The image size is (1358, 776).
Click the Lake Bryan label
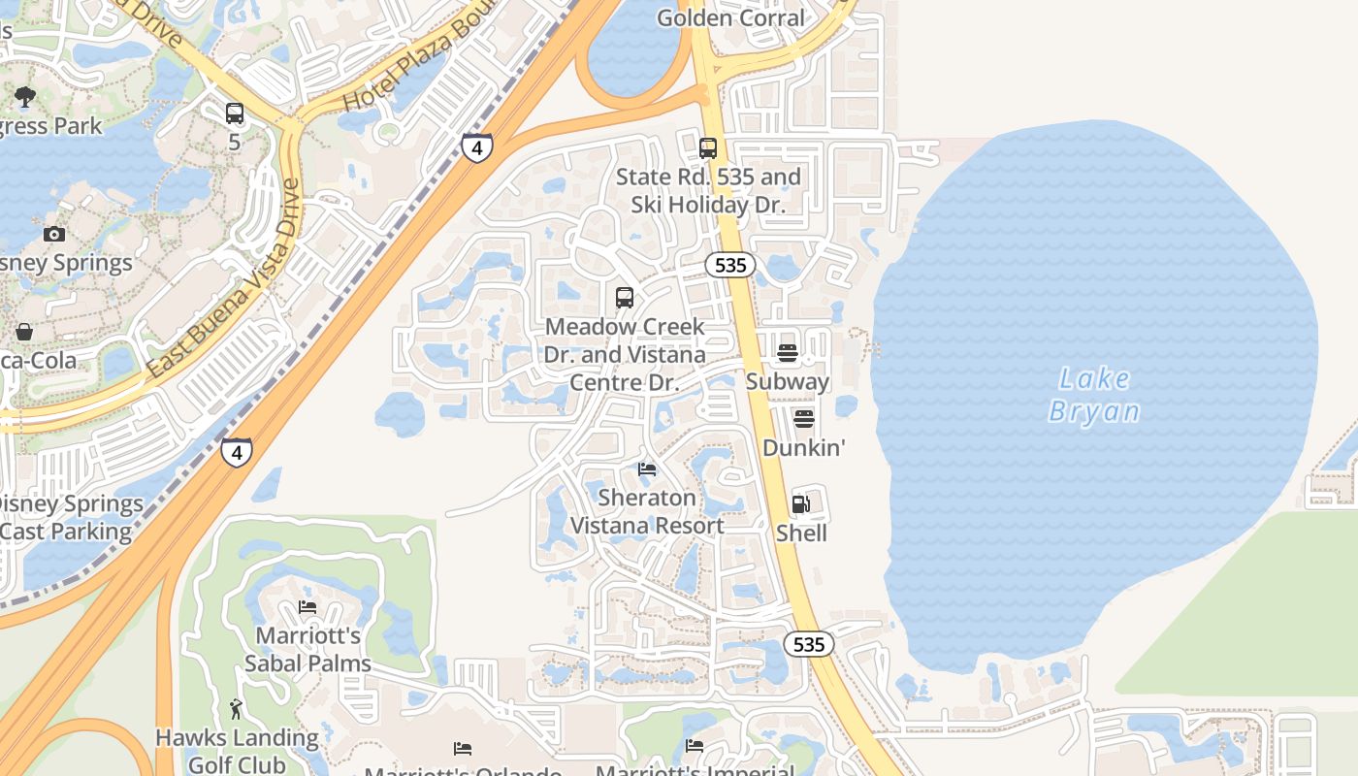[x=1094, y=395]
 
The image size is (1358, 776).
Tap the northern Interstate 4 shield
[x=476, y=147]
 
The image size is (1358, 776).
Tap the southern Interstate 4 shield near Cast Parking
[x=236, y=452]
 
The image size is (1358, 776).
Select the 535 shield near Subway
[x=729, y=265]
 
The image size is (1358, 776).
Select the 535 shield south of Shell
[x=808, y=644]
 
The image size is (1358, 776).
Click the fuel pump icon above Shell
[x=800, y=503]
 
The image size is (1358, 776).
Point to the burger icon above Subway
[x=787, y=352]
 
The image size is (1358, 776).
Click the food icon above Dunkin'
[x=803, y=418]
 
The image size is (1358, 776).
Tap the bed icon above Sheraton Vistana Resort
[x=647, y=469]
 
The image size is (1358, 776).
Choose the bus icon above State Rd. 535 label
[x=708, y=148]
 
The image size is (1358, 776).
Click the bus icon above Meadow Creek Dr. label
[x=625, y=298]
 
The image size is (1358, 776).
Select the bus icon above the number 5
[x=235, y=113]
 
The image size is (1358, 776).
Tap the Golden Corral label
[x=730, y=17]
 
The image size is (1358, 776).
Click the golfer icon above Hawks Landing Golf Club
[x=237, y=709]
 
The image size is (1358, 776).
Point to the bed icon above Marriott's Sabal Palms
[x=307, y=607]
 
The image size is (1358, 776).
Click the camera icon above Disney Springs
[x=54, y=234]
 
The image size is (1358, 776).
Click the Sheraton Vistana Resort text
[x=647, y=511]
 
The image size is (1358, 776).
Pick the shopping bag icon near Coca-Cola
[x=23, y=332]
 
